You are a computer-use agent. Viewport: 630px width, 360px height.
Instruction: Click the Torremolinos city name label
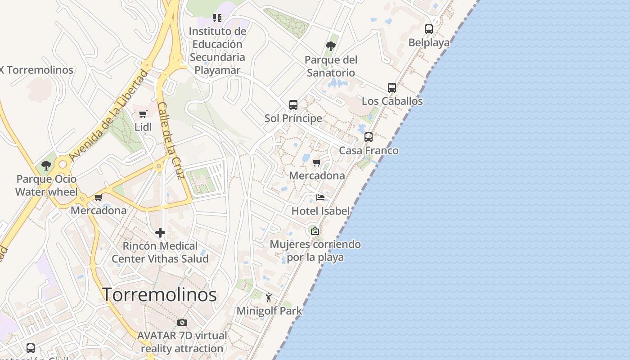(159, 295)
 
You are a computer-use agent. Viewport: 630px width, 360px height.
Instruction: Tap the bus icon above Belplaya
(429, 29)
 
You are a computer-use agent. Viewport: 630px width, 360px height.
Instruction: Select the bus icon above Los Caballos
(392, 88)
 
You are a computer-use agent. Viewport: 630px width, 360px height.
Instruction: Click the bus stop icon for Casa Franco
(369, 137)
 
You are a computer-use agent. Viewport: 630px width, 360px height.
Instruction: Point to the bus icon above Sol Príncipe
(293, 105)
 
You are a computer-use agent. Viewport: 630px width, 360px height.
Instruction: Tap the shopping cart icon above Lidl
(143, 114)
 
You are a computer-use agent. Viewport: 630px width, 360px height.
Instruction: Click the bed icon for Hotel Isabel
(320, 198)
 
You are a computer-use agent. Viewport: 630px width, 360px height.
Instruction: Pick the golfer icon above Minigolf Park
(269, 297)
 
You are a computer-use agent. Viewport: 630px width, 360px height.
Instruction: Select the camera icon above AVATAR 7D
(182, 322)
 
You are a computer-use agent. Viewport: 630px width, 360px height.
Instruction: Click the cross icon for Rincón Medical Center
(160, 233)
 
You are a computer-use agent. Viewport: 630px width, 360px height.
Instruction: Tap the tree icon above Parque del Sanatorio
(331, 46)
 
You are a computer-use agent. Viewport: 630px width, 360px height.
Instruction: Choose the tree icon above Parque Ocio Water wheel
(46, 165)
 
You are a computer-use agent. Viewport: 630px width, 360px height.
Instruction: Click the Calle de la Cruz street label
(171, 140)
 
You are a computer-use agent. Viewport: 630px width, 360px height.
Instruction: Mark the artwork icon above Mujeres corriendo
(315, 231)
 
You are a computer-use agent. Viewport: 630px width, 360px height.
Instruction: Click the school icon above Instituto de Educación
(217, 18)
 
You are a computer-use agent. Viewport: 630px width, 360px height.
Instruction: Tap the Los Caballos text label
(392, 101)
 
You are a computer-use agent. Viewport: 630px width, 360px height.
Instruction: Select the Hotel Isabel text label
(320, 211)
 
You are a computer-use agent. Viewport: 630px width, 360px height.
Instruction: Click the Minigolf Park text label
(269, 310)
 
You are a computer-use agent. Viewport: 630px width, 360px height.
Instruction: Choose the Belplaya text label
(429, 42)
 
